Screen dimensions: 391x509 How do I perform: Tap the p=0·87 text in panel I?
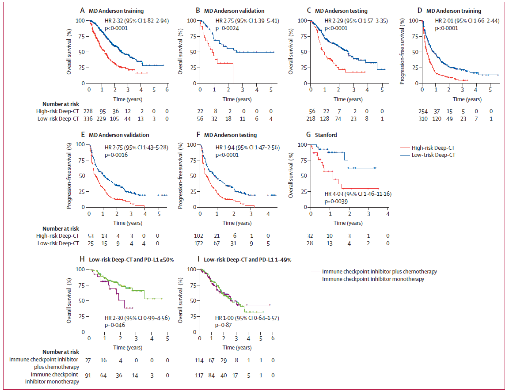(224, 325)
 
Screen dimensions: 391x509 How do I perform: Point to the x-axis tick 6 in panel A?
(167, 90)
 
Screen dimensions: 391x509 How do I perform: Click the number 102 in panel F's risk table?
(200, 236)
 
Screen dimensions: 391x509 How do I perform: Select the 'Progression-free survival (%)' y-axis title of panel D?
(403, 52)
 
